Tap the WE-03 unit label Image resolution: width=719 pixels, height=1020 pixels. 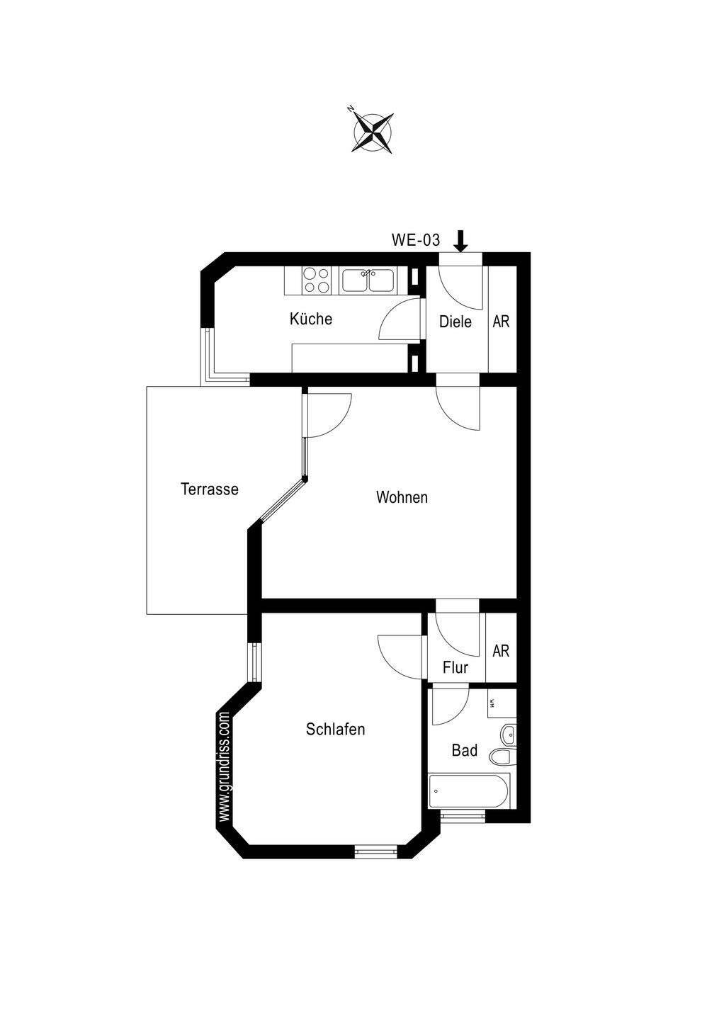[416, 240]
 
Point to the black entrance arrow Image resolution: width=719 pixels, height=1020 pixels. [460, 241]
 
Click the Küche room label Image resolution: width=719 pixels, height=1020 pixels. [310, 319]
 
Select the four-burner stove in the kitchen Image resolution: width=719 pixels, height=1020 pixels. [315, 280]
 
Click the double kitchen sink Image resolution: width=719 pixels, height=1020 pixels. [368, 280]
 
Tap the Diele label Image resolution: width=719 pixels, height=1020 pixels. [455, 322]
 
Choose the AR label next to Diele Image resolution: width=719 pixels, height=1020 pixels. [501, 322]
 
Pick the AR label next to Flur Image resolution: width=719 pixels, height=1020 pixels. [501, 650]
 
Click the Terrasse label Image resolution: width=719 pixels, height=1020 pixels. [209, 489]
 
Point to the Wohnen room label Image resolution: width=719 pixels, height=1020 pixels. [402, 497]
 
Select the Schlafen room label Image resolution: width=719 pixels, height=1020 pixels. [335, 729]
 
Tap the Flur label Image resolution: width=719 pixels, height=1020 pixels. [455, 667]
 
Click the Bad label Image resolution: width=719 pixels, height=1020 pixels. [464, 750]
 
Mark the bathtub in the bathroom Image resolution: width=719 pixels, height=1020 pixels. [469, 790]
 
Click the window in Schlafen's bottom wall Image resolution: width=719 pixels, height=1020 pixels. [377, 851]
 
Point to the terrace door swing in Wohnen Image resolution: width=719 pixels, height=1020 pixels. [326, 415]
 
